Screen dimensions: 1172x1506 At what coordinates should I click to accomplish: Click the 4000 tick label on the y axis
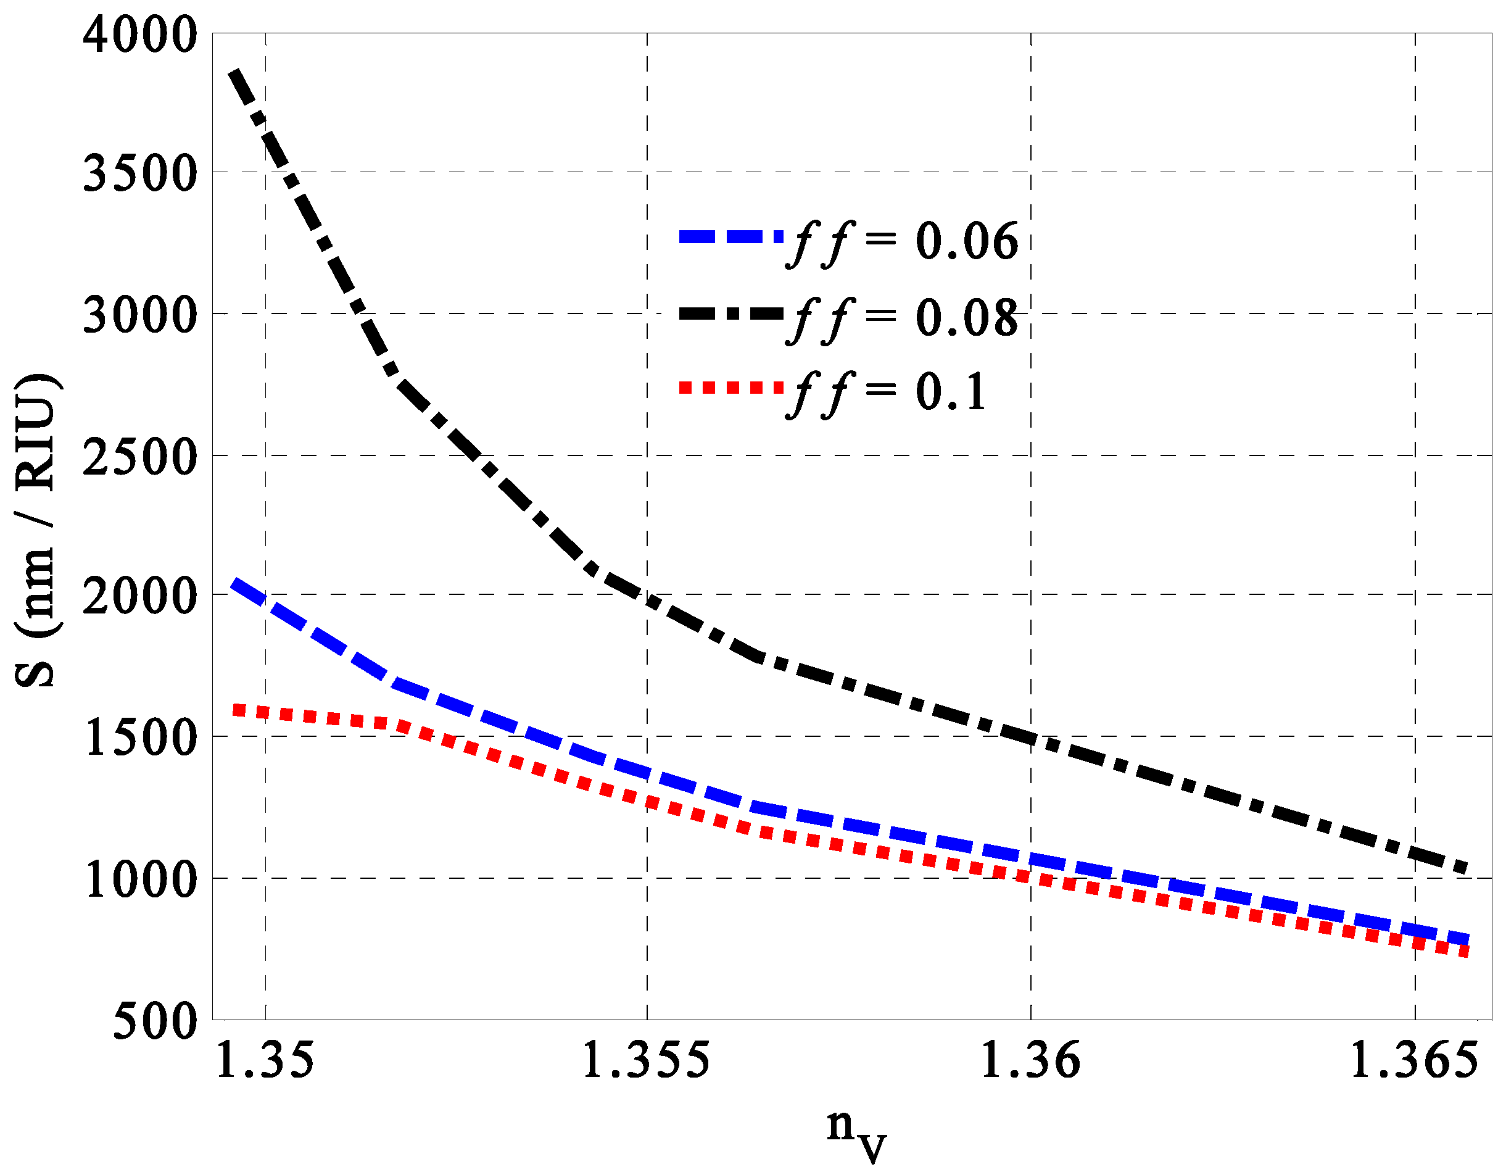[140, 35]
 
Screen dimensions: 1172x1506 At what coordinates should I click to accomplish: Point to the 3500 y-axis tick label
[140, 173]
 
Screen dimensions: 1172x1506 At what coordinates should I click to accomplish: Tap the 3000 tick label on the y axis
[140, 315]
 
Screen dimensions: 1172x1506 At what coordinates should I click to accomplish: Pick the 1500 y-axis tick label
[140, 738]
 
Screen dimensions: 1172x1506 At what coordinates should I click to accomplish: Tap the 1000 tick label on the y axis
[140, 879]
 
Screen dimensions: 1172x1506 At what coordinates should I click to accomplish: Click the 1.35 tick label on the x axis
[265, 1060]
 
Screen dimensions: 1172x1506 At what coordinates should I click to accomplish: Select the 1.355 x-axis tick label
[645, 1060]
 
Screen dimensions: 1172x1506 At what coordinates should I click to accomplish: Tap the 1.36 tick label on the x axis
[1030, 1060]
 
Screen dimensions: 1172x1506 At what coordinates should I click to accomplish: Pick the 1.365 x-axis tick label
[1413, 1060]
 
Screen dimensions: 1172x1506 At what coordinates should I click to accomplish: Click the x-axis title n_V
[856, 1131]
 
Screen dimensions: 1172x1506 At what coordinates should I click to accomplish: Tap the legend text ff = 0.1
[888, 393]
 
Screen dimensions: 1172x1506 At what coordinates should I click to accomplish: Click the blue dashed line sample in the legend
[731, 236]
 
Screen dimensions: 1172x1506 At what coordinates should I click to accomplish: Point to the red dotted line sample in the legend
[731, 387]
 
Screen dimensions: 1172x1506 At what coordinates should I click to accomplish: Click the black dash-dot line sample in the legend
[731, 314]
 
